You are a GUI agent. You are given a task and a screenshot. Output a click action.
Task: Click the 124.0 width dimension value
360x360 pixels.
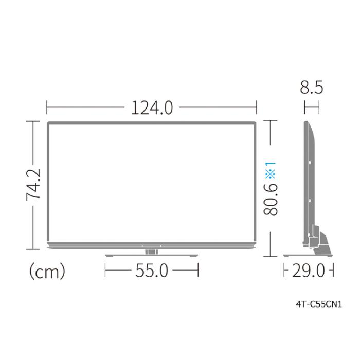152,109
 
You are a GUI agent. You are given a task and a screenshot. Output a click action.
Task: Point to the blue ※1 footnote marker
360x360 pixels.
271,170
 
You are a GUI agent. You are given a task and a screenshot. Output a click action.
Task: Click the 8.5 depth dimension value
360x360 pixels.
312,88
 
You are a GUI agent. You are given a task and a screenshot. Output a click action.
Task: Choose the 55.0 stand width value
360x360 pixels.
152,271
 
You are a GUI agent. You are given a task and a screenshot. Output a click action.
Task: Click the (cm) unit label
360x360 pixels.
46,271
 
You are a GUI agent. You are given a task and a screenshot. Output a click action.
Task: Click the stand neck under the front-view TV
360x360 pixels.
152,251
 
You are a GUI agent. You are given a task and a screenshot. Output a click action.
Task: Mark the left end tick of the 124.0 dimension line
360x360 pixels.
47,109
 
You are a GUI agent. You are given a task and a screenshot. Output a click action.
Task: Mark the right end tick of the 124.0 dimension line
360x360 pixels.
257,109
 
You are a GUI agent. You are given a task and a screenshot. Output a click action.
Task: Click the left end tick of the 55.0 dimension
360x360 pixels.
105,271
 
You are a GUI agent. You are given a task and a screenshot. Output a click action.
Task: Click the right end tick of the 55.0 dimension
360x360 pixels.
198,271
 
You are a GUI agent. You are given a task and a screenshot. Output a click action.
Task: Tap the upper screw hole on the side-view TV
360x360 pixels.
310,163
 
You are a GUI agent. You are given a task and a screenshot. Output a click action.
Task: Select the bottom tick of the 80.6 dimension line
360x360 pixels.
271,257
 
